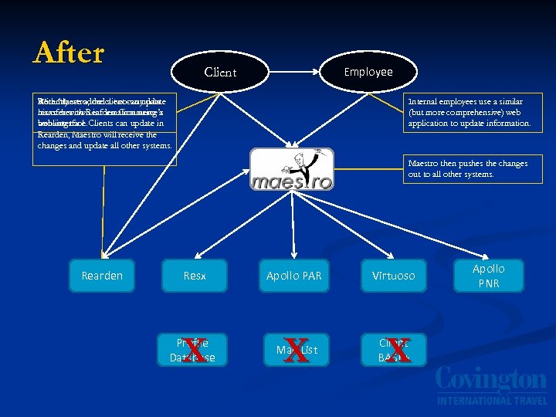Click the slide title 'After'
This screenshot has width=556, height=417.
point(69,53)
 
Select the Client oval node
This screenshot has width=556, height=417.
point(220,72)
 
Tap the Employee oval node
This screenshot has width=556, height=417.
point(368,71)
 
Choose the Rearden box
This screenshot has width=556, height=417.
point(102,275)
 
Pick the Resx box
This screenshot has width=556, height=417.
point(195,275)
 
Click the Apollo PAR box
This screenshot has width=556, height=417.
point(293,275)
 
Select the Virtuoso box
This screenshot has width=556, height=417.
point(393,275)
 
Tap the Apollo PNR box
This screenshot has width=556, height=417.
point(488,276)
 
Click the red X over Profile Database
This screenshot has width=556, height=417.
point(195,350)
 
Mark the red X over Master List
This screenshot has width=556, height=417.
point(293,350)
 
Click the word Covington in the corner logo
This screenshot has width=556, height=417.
point(490,381)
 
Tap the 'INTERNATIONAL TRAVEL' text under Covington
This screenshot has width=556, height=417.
point(490,401)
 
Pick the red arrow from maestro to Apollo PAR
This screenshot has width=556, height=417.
point(293,224)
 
